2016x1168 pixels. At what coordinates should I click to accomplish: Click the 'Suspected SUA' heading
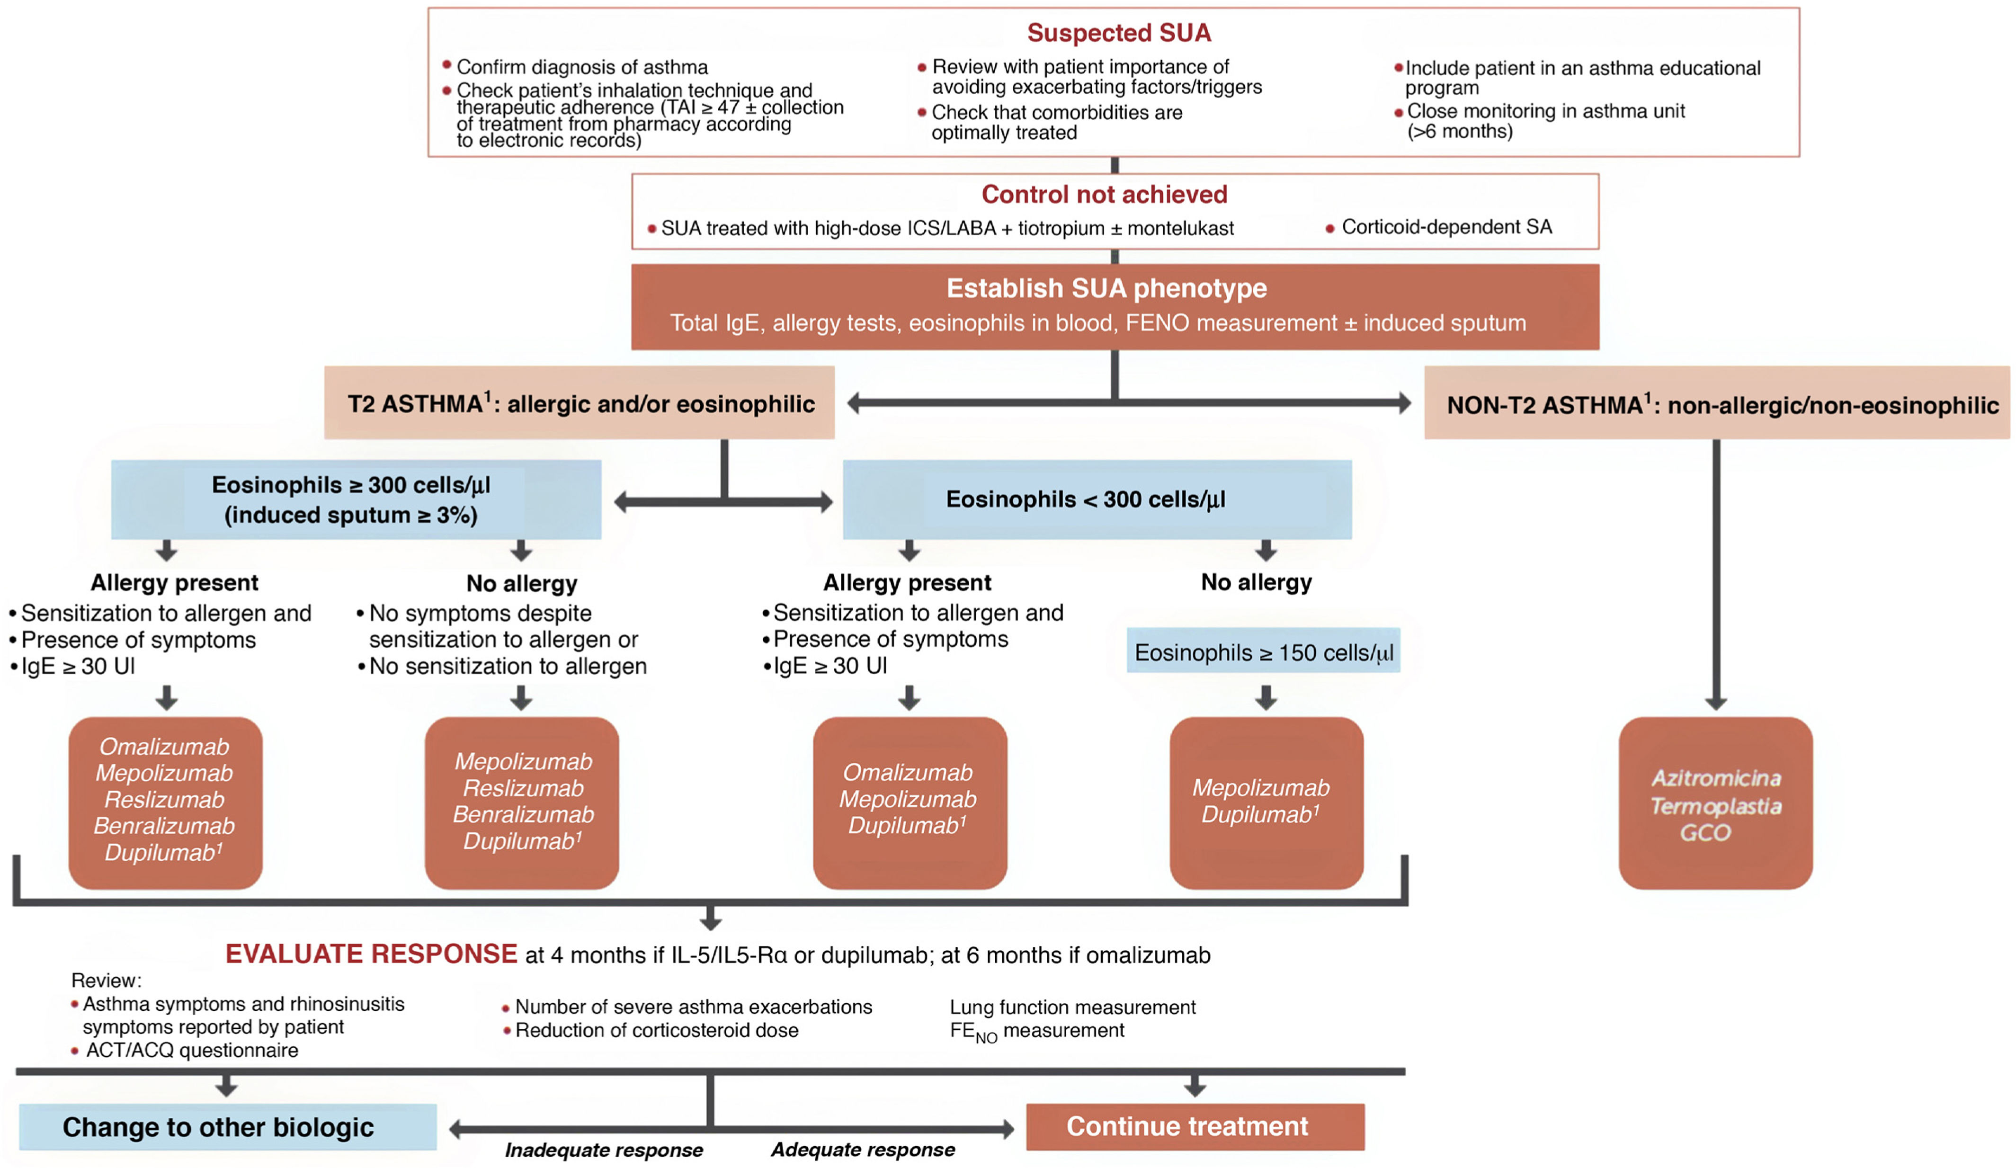point(1118,33)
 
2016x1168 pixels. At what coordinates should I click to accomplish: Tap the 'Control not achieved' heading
point(1104,195)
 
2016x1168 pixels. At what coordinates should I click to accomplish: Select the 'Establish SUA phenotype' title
point(1106,288)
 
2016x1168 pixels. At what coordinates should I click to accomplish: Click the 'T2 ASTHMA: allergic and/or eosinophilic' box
point(579,402)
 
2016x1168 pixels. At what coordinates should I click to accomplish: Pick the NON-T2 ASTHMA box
point(1717,402)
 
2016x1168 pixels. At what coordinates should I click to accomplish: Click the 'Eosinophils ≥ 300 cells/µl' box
point(356,499)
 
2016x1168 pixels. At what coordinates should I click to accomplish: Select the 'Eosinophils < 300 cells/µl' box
point(1097,499)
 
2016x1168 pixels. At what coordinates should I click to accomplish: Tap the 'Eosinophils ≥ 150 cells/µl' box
point(1263,651)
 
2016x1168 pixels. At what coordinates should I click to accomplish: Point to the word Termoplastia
point(1716,806)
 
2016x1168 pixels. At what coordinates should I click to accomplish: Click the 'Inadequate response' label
point(604,1150)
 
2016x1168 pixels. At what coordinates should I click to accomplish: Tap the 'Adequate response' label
point(862,1150)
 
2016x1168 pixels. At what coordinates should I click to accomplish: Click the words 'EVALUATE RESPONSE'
point(371,954)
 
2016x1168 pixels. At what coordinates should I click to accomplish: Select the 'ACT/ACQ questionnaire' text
point(192,1050)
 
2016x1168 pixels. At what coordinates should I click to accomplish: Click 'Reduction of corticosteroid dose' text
point(657,1030)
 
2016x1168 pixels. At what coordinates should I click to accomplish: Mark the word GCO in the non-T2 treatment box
point(1705,833)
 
